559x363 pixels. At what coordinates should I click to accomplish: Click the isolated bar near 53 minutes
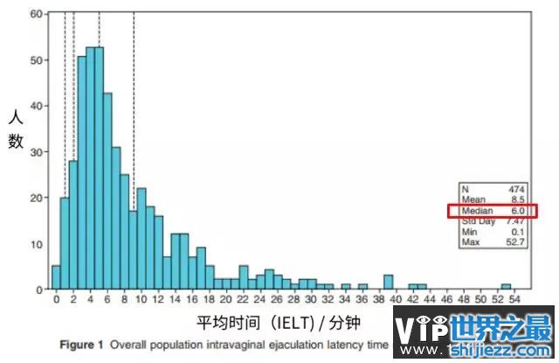click(x=506, y=286)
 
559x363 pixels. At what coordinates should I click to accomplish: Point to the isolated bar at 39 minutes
click(x=388, y=282)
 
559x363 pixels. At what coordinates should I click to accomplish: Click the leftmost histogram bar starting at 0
click(x=56, y=277)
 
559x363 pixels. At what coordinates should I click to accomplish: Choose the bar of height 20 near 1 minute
click(x=65, y=243)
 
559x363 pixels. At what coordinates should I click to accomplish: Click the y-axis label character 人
click(x=15, y=116)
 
